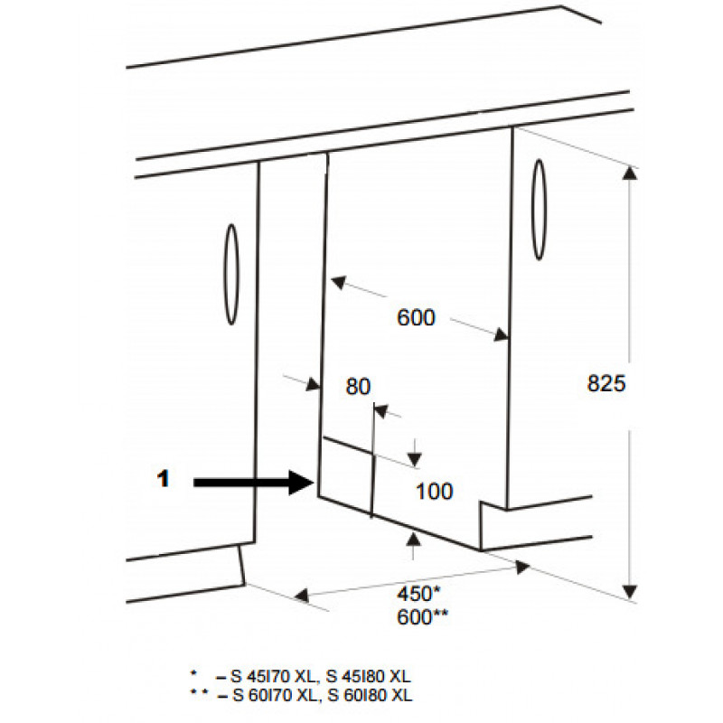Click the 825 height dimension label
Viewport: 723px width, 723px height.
point(606,383)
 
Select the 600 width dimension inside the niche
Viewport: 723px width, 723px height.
point(416,318)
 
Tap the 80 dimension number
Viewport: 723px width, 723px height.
point(358,387)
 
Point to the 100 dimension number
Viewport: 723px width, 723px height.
point(435,491)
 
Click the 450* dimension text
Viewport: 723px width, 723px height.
point(418,594)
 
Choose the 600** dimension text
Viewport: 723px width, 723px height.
point(422,617)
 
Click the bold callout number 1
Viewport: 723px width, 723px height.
point(164,479)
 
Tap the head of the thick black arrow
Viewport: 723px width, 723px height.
point(302,483)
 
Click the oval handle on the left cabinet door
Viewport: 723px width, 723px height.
point(231,275)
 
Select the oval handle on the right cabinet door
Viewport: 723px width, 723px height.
point(539,210)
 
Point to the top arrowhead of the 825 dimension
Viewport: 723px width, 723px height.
point(630,174)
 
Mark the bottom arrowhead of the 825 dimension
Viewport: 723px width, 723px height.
point(630,592)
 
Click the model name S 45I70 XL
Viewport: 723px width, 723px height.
point(273,676)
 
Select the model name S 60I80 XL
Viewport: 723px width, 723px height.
point(370,695)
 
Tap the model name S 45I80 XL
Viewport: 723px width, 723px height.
point(368,676)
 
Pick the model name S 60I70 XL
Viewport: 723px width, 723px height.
point(276,695)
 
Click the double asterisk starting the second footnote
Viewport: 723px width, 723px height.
point(199,691)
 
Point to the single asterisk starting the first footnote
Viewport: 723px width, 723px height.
point(193,673)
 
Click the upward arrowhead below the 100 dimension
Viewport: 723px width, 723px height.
point(414,539)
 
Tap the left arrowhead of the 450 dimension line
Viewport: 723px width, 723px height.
point(302,596)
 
